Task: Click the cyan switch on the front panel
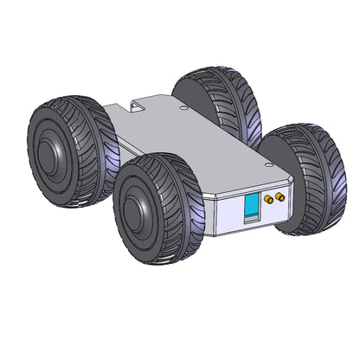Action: tap(251, 209)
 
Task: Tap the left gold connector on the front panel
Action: tap(268, 199)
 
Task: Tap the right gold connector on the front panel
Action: tap(280, 196)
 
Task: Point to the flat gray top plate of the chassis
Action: tap(190, 143)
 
